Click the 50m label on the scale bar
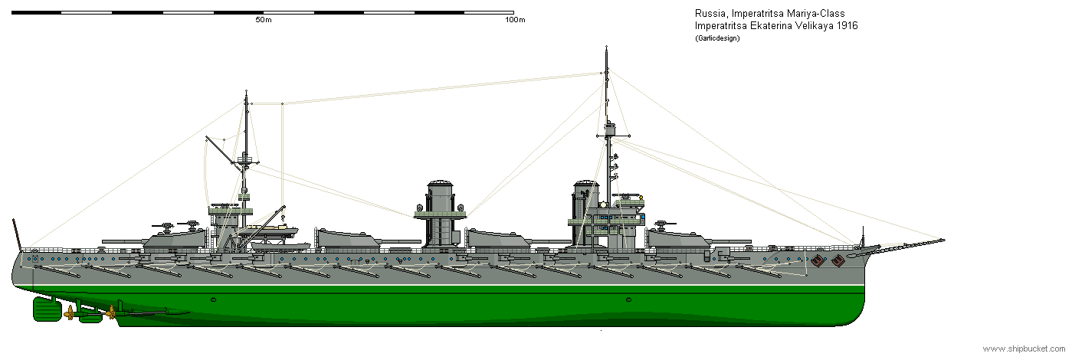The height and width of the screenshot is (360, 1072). [x=264, y=20]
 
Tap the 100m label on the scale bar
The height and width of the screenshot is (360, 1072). [x=515, y=20]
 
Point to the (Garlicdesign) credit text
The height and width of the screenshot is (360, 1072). [x=717, y=39]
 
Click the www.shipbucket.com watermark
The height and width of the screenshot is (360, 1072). [x=1024, y=349]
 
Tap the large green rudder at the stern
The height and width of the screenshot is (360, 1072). [x=47, y=309]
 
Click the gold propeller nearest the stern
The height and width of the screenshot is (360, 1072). [x=70, y=313]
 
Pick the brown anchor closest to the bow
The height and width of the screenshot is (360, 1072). [x=838, y=260]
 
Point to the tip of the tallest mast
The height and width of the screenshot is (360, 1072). [x=606, y=47]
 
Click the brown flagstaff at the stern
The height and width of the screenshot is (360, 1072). [x=17, y=234]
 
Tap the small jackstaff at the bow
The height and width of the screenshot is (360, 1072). [x=863, y=237]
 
